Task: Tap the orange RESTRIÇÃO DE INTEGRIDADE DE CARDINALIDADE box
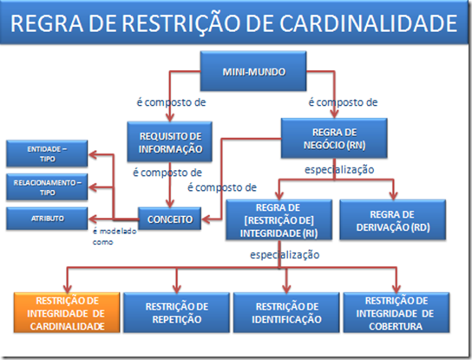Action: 67,313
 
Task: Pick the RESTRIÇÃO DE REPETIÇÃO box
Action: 176,313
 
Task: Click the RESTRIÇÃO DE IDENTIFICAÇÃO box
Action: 286,313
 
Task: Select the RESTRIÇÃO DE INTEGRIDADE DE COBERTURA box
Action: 397,313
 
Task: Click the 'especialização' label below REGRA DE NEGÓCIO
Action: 339,170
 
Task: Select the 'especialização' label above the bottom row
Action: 285,255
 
